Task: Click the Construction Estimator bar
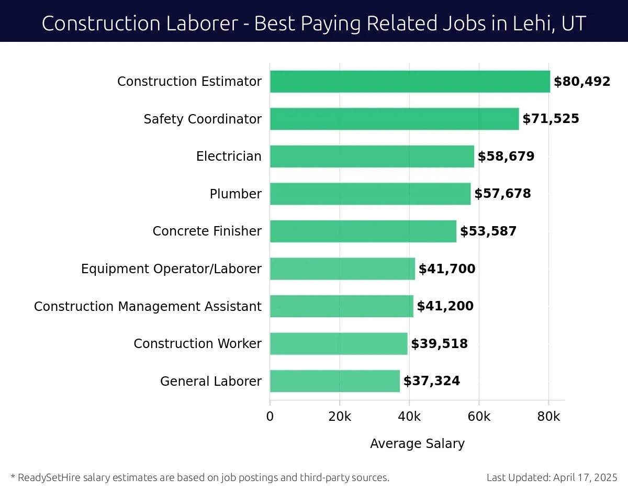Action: [410, 82]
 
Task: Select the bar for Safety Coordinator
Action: [394, 119]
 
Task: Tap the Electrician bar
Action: [372, 156]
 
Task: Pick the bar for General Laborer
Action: [334, 381]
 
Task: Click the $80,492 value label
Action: [582, 82]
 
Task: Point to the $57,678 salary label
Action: [502, 194]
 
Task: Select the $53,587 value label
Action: [488, 231]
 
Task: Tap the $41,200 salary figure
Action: [445, 306]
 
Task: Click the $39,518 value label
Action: [439, 344]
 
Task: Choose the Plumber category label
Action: [235, 194]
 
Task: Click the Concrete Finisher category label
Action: [207, 231]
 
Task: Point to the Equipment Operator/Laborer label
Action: [171, 269]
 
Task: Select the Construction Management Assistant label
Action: [148, 307]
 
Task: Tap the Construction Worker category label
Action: [197, 344]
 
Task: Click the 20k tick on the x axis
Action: [339, 417]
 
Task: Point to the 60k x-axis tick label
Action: [479, 417]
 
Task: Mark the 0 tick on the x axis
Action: [270, 417]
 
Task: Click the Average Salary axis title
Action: [417, 444]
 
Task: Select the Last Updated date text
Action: [552, 477]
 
